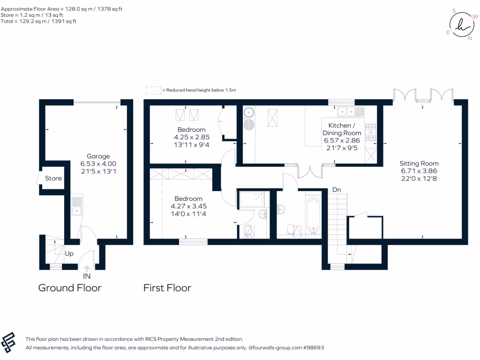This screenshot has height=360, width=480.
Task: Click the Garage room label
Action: [x=98, y=156]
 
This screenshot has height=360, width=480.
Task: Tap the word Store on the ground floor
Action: [x=53, y=178]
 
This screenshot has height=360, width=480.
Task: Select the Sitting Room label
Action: [x=419, y=163]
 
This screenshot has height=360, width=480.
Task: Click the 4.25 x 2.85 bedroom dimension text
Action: [x=191, y=137]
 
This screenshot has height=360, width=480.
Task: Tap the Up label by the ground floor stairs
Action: [x=69, y=254]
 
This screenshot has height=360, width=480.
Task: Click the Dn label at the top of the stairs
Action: [x=337, y=190]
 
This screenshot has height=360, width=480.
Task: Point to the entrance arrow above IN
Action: [x=86, y=269]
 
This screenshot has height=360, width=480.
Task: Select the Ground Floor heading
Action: [x=69, y=287]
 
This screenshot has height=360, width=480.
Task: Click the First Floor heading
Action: [x=167, y=287]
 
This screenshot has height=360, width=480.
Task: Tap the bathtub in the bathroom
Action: [x=314, y=215]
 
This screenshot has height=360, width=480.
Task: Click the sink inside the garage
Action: [x=76, y=206]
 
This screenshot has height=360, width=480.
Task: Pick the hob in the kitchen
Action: [x=370, y=132]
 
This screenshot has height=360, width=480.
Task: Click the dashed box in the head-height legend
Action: [x=153, y=90]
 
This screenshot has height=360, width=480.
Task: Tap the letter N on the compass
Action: [x=470, y=38]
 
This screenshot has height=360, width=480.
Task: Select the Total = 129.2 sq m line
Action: [x=39, y=21]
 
